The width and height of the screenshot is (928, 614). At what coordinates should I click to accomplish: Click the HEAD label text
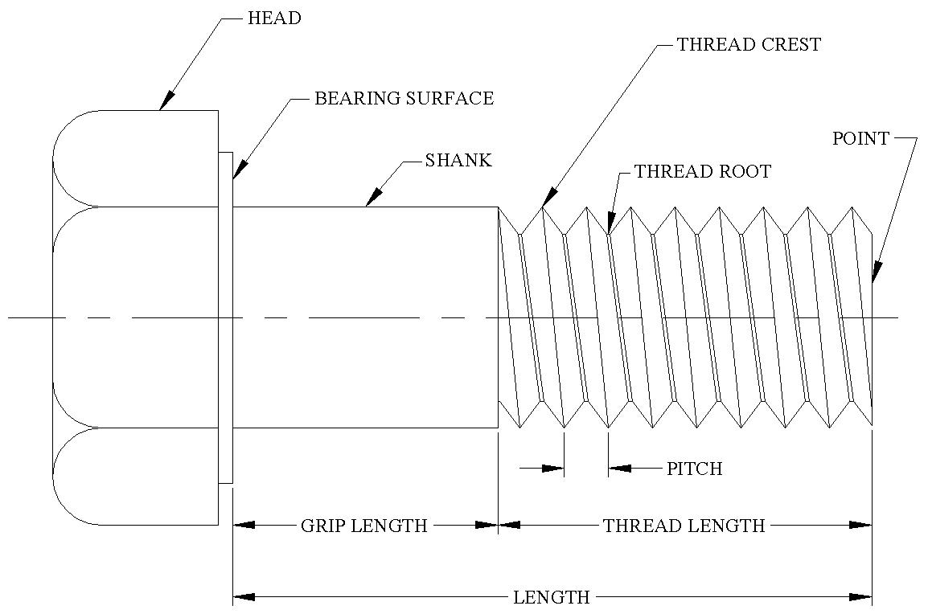click(275, 18)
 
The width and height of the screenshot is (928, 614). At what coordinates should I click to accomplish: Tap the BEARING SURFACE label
click(404, 99)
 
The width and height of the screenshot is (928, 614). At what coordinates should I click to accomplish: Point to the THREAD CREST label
click(749, 45)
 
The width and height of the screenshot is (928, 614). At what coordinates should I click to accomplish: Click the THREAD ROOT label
click(703, 172)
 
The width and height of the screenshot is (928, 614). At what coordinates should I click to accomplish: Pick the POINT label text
click(860, 139)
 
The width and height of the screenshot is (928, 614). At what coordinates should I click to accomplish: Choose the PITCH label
click(695, 469)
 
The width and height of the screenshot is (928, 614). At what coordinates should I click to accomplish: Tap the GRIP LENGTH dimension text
click(364, 526)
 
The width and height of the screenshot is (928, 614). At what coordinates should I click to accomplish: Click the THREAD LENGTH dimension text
click(684, 526)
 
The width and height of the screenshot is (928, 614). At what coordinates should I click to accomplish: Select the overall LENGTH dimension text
click(552, 598)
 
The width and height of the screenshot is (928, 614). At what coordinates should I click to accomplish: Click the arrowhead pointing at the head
click(166, 101)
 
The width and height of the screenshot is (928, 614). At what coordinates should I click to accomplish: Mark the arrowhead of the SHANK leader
click(372, 199)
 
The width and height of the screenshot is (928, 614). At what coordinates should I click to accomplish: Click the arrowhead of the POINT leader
click(875, 273)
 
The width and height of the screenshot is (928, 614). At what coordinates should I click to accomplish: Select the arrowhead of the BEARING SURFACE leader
click(237, 170)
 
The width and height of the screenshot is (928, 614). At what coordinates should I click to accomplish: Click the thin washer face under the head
click(225, 317)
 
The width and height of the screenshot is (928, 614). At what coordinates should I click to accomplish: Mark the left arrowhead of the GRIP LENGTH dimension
click(244, 526)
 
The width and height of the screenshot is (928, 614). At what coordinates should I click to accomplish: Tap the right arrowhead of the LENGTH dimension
click(861, 597)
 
